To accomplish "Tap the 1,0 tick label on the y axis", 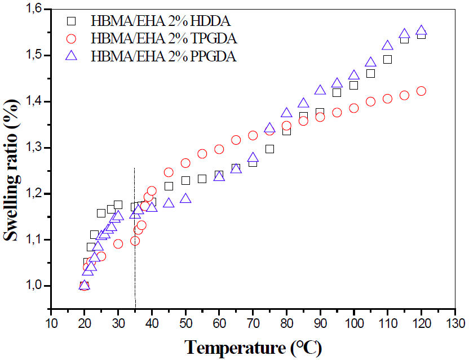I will pyautogui.click(x=34, y=286).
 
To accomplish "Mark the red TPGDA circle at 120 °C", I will pyautogui.click(x=421, y=91).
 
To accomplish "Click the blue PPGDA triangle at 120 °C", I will pyautogui.click(x=421, y=30).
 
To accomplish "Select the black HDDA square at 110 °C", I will pyautogui.click(x=387, y=59).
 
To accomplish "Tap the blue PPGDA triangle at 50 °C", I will pyautogui.click(x=185, y=198).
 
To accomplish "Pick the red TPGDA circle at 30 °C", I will pyautogui.click(x=118, y=244).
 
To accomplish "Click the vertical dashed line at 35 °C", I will pyautogui.click(x=135, y=237).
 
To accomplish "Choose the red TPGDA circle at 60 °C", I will pyautogui.click(x=219, y=149).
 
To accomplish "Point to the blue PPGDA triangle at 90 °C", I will pyautogui.click(x=320, y=90).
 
